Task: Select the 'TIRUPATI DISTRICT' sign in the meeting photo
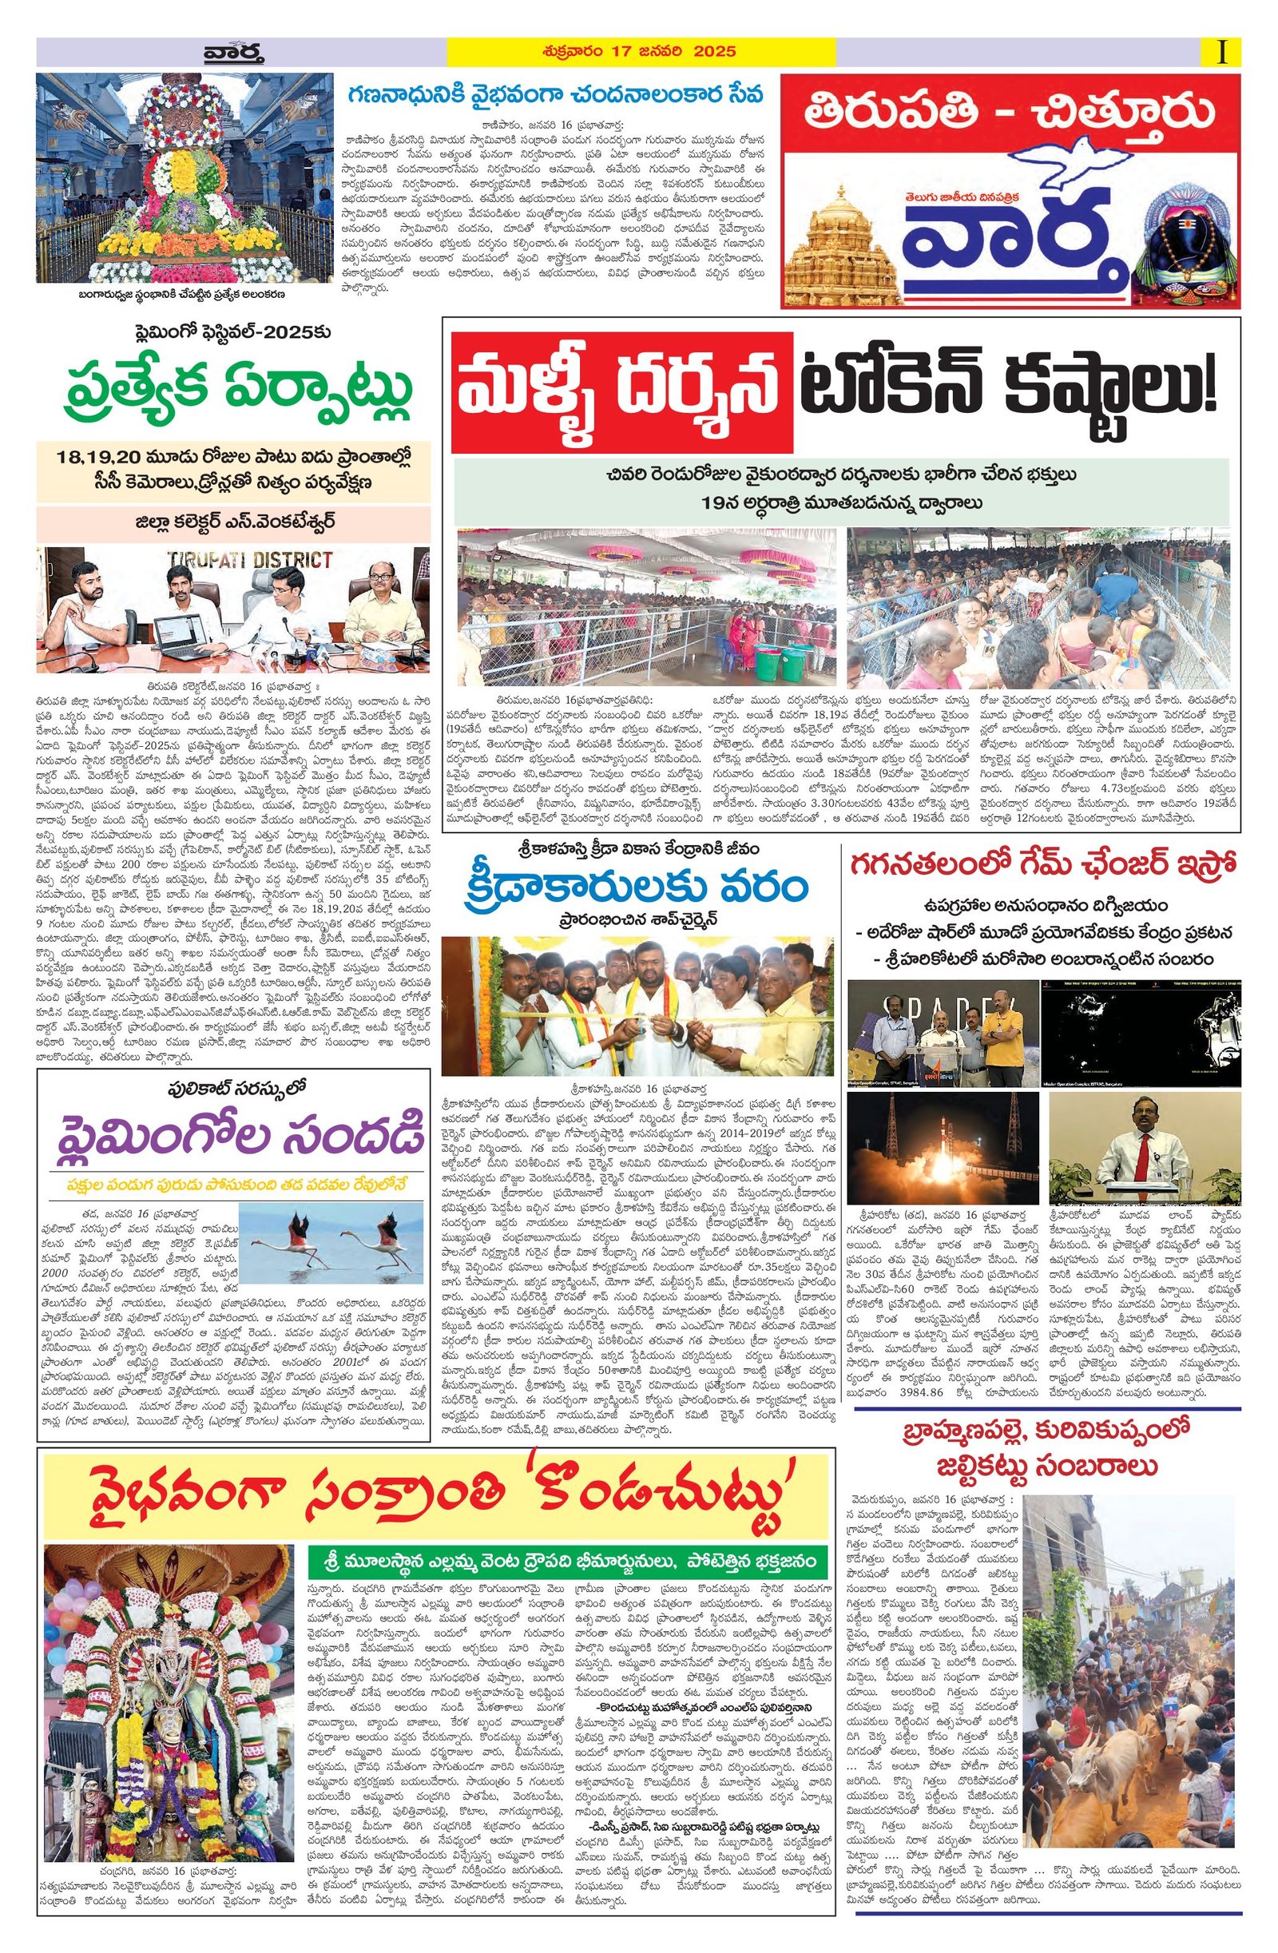(249, 562)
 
